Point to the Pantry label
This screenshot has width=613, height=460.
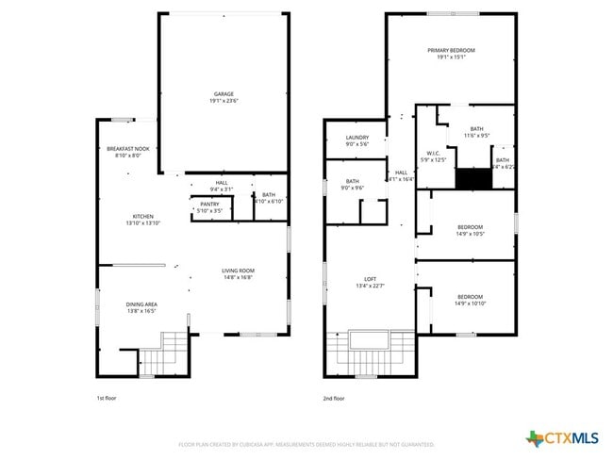(x=209, y=206)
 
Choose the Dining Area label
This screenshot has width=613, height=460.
(x=142, y=306)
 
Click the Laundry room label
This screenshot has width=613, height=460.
(x=356, y=140)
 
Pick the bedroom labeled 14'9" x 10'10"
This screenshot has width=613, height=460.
(x=469, y=300)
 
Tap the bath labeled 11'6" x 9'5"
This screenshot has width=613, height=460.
(x=476, y=132)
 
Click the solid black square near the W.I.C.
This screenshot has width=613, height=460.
(x=470, y=178)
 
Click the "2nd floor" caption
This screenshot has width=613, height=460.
(x=334, y=399)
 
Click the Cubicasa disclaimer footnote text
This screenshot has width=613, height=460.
(x=306, y=443)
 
